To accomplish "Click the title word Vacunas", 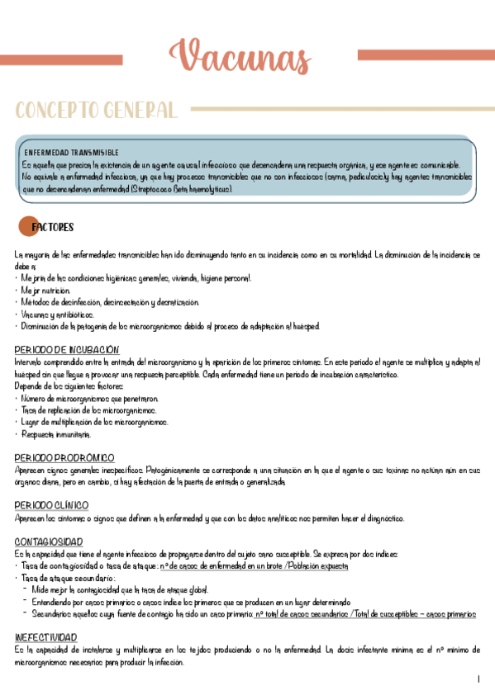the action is point(240,58).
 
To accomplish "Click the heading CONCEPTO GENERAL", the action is point(96,110).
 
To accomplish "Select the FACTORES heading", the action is point(52,227).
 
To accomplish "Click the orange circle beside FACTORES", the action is point(26,227).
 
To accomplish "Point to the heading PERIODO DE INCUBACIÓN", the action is point(67,350).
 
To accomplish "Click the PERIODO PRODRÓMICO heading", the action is point(64,457).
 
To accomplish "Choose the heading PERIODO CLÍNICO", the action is point(51,505).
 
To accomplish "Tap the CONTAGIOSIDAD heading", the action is point(49,542).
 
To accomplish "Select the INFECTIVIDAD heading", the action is point(46,638).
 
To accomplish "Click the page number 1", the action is point(478,679).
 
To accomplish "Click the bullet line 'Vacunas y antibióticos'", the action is point(58,315).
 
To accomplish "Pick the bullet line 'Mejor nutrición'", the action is point(46,291).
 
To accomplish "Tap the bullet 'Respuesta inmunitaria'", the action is point(56,434).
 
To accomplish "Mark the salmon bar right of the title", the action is point(426,55).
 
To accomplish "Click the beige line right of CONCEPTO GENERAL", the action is point(339,108).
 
